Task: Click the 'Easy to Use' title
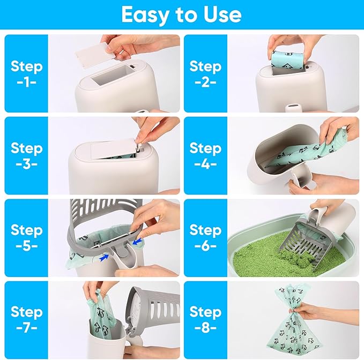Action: [x=182, y=14]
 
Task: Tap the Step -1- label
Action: [x=26, y=73]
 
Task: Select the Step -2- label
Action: [x=205, y=73]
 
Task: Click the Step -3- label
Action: [x=26, y=155]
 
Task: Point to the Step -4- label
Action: [x=205, y=155]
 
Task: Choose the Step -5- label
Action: [x=26, y=237]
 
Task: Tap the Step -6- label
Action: [x=205, y=237]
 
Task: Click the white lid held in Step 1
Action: [x=98, y=54]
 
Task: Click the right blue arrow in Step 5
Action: [x=138, y=242]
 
